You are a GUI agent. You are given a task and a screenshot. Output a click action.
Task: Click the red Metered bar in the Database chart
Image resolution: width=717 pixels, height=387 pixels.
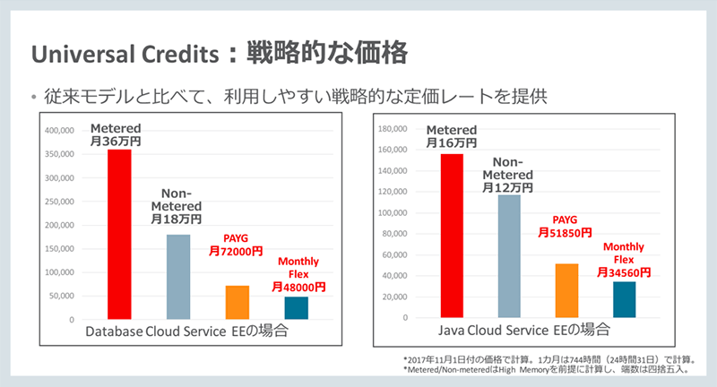pyautogui.click(x=119, y=234)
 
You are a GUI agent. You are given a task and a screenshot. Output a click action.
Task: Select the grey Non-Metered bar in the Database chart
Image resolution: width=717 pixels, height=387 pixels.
pyautogui.click(x=178, y=277)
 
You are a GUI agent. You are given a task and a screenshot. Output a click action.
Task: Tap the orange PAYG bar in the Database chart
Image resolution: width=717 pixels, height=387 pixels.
pyautogui.click(x=237, y=303)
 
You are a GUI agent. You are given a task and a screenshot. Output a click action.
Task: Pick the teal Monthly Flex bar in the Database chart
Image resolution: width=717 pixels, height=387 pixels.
pyautogui.click(x=296, y=307)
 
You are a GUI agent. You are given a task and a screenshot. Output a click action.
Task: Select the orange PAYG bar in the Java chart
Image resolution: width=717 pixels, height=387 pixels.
pyautogui.click(x=566, y=291)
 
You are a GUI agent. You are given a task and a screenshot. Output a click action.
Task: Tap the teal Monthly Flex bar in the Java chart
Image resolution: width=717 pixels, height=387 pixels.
pyautogui.click(x=625, y=300)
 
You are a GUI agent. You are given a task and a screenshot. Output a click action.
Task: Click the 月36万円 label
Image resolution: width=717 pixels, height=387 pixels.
pyautogui.click(x=119, y=141)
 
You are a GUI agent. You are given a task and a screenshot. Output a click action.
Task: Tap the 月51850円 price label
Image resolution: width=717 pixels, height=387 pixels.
pyautogui.click(x=566, y=232)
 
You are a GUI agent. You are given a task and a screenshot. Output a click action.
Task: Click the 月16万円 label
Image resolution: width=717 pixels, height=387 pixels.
pyautogui.click(x=452, y=142)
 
